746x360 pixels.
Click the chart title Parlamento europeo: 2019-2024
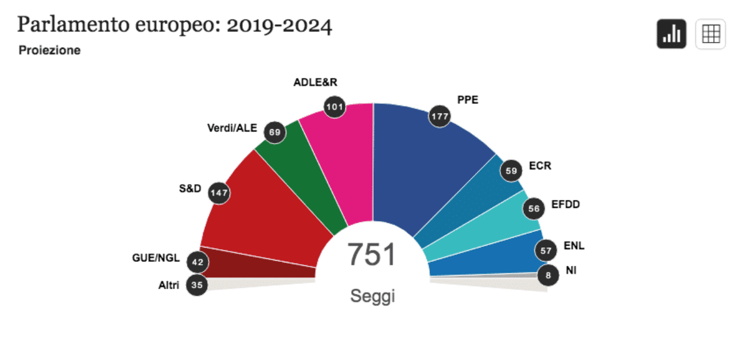click(174, 26)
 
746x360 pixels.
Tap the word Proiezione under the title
click(49, 51)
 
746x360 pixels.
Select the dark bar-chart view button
click(671, 34)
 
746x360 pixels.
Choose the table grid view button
click(710, 34)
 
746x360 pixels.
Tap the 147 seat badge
click(219, 192)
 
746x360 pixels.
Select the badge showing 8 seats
click(548, 276)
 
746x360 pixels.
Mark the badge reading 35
click(197, 285)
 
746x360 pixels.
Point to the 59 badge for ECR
click(511, 171)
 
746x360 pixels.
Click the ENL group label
click(574, 246)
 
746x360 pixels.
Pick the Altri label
click(169, 285)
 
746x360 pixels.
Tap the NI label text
click(571, 270)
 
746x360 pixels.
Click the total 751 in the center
click(372, 254)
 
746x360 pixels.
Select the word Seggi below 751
click(372, 296)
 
